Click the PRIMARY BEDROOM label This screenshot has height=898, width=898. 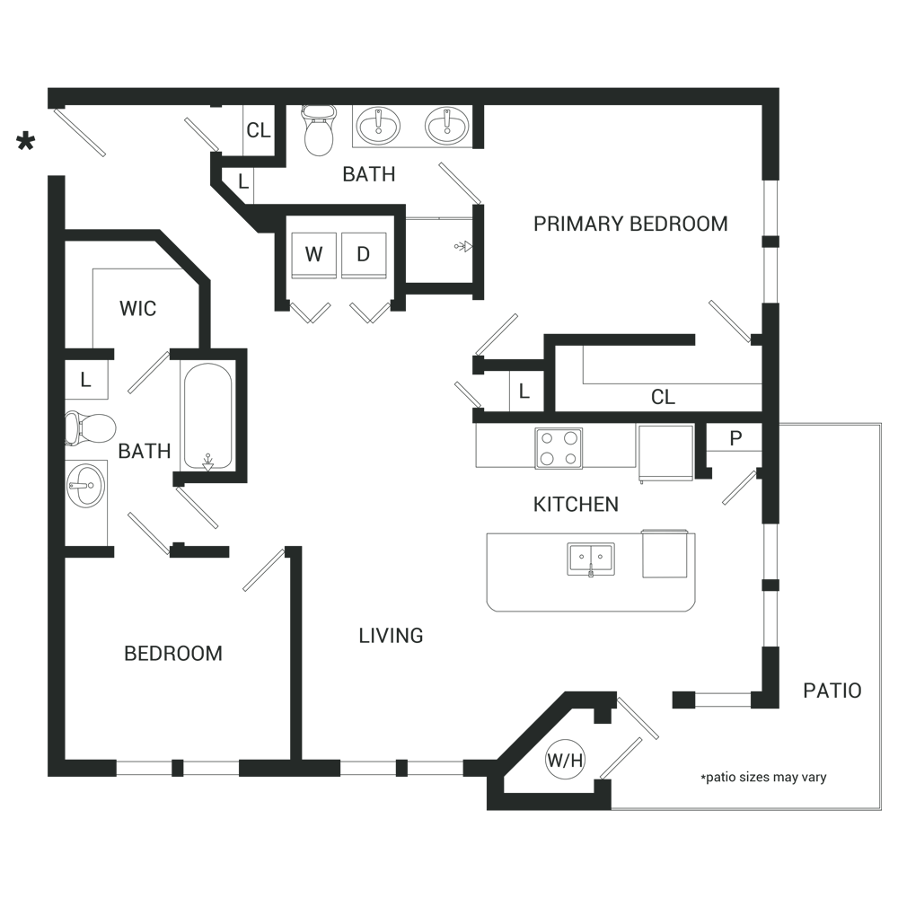click(630, 224)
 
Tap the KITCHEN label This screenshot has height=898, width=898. click(576, 505)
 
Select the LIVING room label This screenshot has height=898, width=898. click(392, 635)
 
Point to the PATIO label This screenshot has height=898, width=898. click(832, 691)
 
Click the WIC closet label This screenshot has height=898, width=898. click(138, 309)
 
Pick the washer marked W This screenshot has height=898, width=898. click(313, 255)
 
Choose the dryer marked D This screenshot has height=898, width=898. click(364, 255)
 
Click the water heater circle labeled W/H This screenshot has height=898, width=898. click(565, 760)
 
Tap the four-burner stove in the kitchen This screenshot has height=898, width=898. click(559, 448)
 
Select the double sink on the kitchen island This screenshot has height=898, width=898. click(591, 559)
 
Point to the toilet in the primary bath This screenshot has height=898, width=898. click(319, 130)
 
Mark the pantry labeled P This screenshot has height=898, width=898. click(735, 438)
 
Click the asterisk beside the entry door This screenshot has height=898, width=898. click(26, 142)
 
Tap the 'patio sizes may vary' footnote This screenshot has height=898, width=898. click(763, 777)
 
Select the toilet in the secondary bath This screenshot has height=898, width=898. click(90, 427)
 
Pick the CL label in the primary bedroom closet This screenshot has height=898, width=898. click(664, 397)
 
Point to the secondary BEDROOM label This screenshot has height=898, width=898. click(173, 654)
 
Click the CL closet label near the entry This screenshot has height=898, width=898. click(259, 130)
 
